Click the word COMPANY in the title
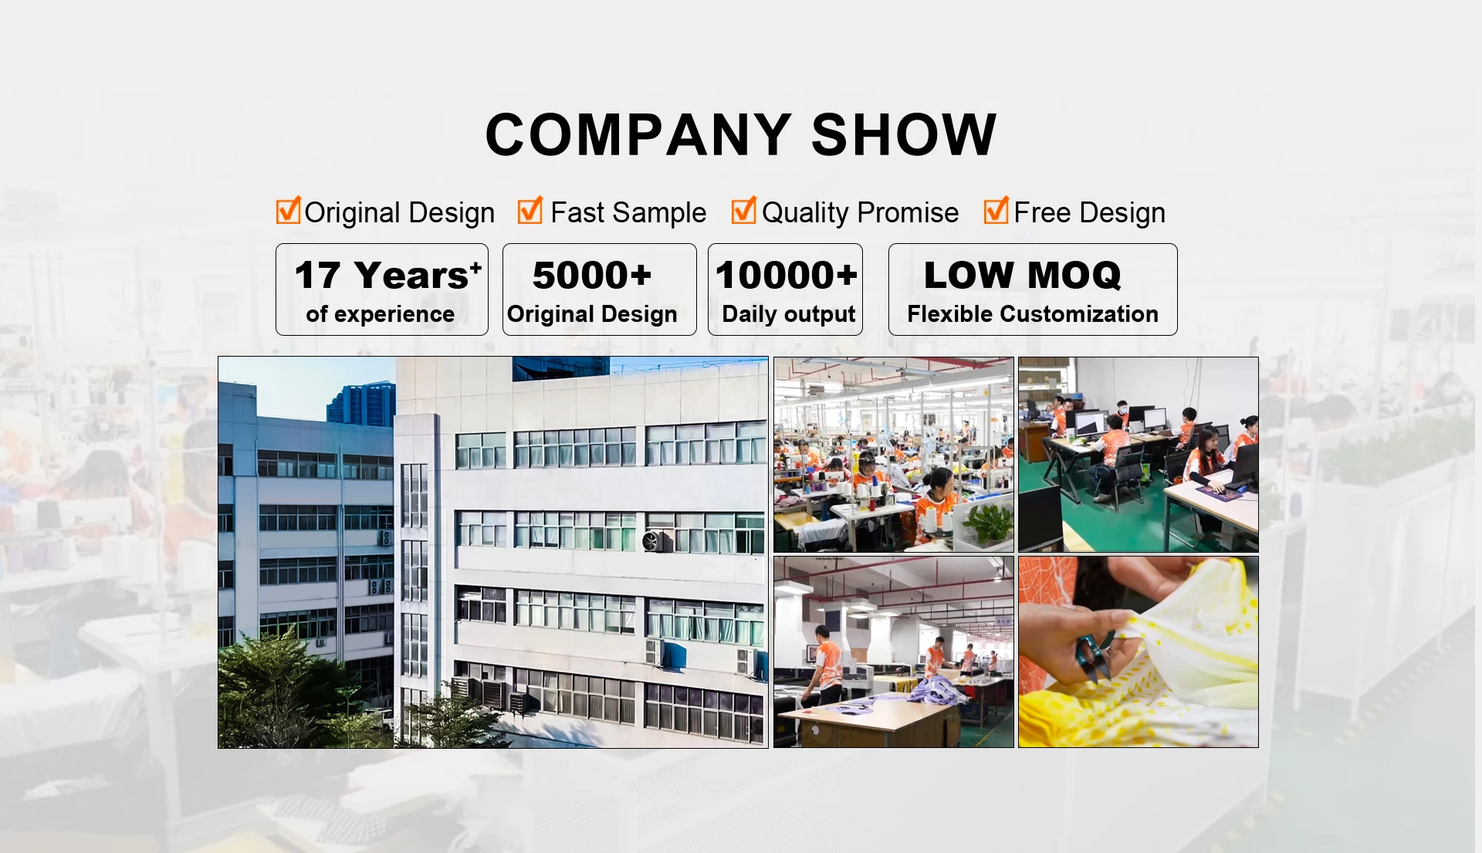pyautogui.click(x=638, y=134)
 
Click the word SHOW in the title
pyautogui.click(x=904, y=134)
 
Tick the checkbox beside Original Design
pyautogui.click(x=288, y=210)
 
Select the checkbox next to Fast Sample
pyautogui.click(x=530, y=210)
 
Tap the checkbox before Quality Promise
pyautogui.click(x=743, y=210)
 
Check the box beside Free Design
pyautogui.click(x=996, y=210)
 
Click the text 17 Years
pyautogui.click(x=387, y=276)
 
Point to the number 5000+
pyautogui.click(x=592, y=276)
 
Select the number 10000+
pyautogui.click(x=786, y=276)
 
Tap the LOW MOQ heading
pyautogui.click(x=1022, y=276)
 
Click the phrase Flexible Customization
pyautogui.click(x=1033, y=314)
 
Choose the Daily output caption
pyautogui.click(x=788, y=314)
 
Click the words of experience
pyautogui.click(x=380, y=314)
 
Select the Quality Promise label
pyautogui.click(x=860, y=212)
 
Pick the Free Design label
pyautogui.click(x=1089, y=212)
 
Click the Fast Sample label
pyautogui.click(x=628, y=212)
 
